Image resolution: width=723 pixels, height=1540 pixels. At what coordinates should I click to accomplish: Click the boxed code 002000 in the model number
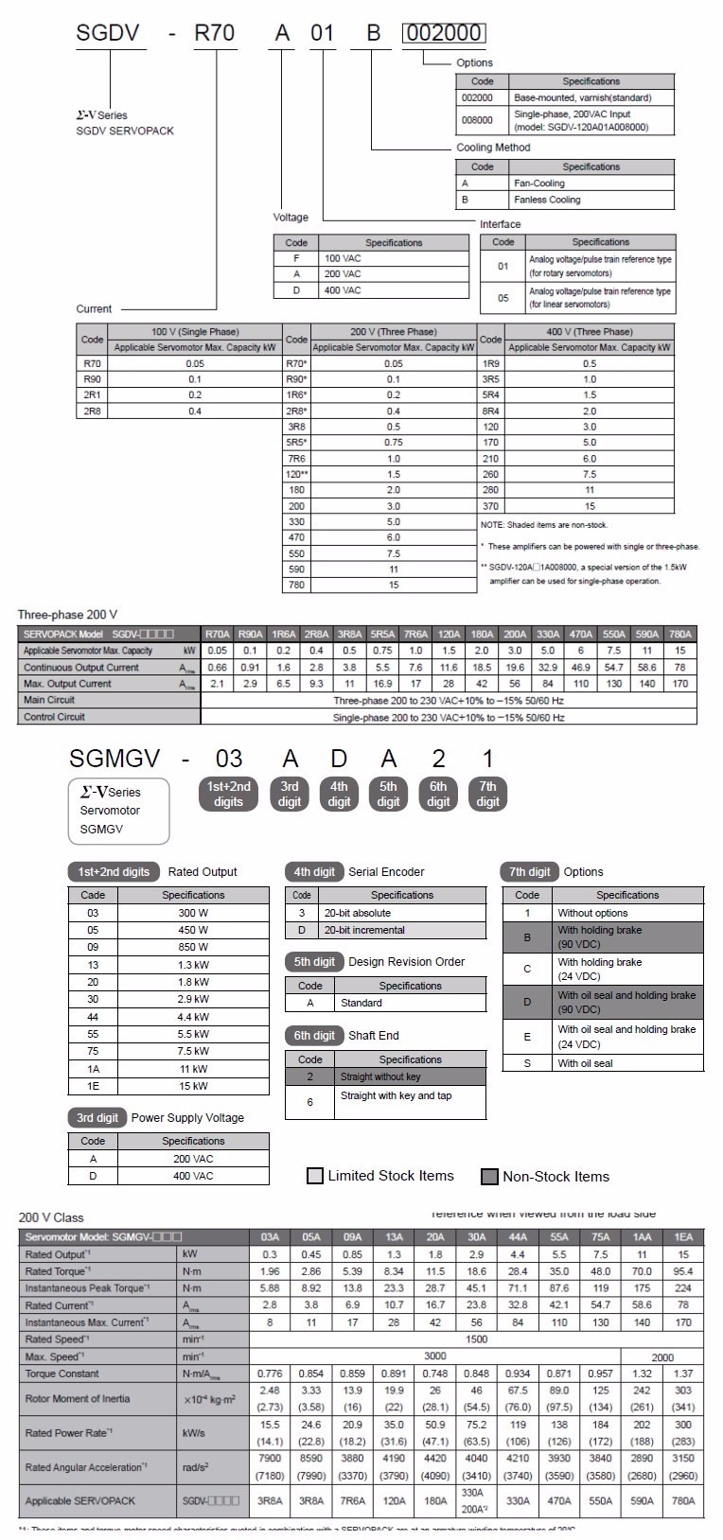[444, 34]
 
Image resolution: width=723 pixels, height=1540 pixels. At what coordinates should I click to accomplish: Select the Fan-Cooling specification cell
[591, 184]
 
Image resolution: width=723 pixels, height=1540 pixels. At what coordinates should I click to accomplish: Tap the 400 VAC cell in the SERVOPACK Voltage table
[394, 290]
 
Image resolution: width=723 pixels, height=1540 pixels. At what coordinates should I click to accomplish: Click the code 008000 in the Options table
[483, 120]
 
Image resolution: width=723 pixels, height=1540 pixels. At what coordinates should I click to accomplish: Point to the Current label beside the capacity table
[94, 309]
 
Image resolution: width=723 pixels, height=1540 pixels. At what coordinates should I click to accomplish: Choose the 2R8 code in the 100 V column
[92, 411]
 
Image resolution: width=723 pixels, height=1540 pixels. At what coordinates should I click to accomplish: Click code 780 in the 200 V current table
[296, 586]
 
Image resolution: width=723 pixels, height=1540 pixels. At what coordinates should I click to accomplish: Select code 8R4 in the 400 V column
[490, 411]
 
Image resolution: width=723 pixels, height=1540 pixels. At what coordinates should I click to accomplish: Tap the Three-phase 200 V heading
[68, 615]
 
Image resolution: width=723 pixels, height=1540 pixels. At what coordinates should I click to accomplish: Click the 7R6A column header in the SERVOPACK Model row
[415, 635]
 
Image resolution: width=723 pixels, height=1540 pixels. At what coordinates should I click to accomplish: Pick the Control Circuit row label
[54, 717]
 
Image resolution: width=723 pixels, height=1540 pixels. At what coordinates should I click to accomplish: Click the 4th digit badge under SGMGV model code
[339, 794]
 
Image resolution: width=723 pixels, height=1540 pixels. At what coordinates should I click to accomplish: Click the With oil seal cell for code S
[626, 1063]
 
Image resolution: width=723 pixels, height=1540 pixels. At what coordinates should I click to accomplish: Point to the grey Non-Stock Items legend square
[489, 1177]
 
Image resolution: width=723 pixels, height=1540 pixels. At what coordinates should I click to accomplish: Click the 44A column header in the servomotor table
[518, 1236]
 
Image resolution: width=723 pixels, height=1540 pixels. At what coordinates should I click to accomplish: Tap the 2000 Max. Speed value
[661, 1356]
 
